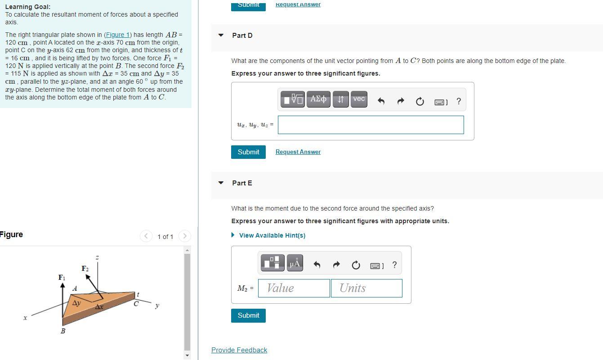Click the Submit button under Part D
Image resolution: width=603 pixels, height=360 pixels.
click(248, 152)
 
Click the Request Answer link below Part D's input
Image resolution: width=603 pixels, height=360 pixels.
click(298, 152)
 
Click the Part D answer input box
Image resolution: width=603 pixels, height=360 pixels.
click(371, 125)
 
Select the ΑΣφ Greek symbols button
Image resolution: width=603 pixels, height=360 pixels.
click(318, 99)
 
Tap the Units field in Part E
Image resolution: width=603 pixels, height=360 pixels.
click(366, 288)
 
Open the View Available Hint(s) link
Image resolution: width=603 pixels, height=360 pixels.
click(272, 235)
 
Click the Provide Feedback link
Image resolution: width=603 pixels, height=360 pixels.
click(239, 350)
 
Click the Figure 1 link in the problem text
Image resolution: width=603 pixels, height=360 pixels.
click(117, 35)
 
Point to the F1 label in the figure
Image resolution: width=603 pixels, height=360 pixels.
click(62, 278)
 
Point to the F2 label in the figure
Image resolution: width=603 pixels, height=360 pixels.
click(85, 269)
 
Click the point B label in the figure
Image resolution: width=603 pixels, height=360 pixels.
click(63, 331)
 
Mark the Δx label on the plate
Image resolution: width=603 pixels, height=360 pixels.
click(99, 307)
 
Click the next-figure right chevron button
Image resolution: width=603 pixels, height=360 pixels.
click(184, 236)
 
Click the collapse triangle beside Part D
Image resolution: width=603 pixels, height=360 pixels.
click(221, 35)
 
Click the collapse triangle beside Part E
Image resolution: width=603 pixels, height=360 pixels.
click(221, 183)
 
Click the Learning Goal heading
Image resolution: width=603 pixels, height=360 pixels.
click(28, 7)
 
